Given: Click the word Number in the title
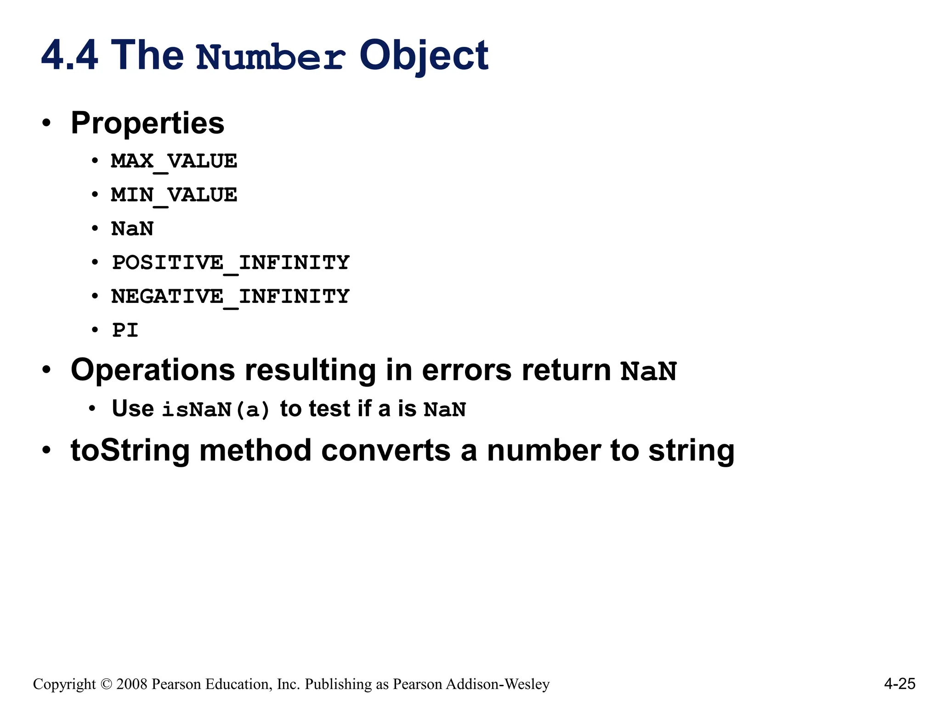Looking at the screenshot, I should (271, 57).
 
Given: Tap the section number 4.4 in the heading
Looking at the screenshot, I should (69, 56).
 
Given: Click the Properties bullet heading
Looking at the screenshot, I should (147, 123).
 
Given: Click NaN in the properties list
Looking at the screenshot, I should (132, 229).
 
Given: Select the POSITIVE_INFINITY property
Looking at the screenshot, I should (231, 263).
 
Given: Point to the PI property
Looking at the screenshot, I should (125, 330).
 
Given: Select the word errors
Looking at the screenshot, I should (466, 370).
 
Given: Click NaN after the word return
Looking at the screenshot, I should (648, 371).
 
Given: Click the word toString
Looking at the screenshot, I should (130, 450).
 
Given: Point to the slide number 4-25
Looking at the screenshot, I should (900, 684).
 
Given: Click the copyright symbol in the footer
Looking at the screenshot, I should (106, 684).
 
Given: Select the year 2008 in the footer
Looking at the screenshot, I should (132, 684).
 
